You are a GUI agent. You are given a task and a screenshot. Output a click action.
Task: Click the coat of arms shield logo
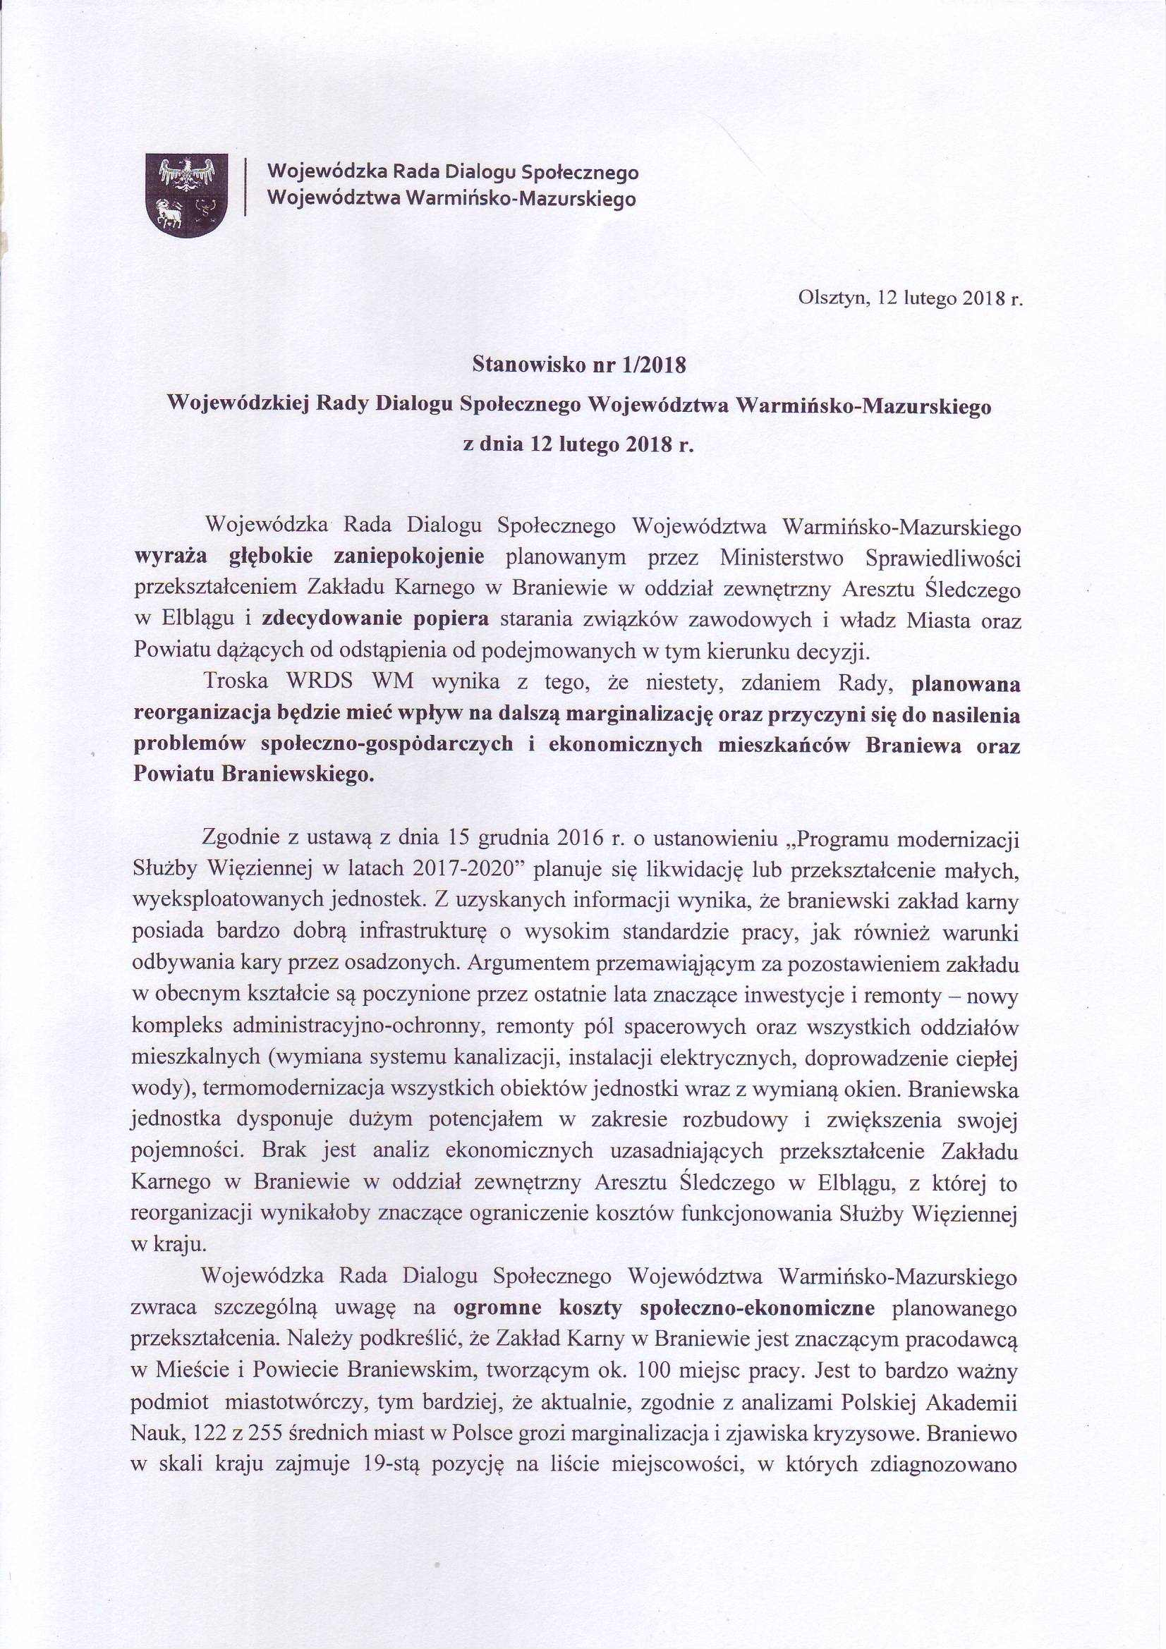pos(187,193)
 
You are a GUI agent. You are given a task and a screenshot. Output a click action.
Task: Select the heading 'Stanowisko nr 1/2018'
pos(578,365)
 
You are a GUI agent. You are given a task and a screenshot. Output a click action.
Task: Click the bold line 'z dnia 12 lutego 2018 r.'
pos(579,444)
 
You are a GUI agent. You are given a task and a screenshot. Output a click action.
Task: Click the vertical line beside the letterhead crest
pos(246,186)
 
